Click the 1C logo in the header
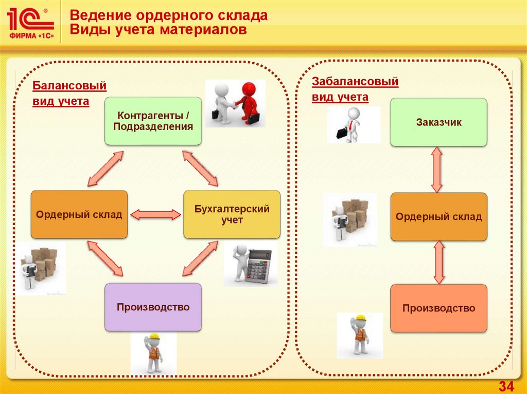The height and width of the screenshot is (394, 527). pos(30,24)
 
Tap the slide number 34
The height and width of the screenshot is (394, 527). pos(506,386)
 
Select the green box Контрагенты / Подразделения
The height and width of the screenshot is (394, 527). pos(153,121)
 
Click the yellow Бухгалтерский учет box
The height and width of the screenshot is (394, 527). pos(232,214)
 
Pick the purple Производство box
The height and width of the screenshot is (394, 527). pos(153,307)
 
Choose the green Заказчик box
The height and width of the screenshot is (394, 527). pos(438,122)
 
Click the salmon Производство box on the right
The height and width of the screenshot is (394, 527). pos(438,308)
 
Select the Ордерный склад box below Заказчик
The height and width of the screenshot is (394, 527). pos(438,217)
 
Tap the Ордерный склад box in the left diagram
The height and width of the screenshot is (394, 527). pos(79,214)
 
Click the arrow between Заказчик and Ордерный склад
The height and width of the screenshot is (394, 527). pos(437,170)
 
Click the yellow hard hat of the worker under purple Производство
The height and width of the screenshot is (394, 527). pos(153,340)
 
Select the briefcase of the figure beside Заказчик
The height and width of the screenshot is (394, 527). pos(342,134)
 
